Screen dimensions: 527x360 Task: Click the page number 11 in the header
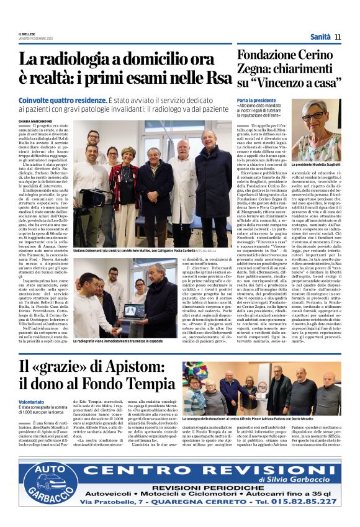338,37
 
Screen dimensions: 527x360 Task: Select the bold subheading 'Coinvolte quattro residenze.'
63,100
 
